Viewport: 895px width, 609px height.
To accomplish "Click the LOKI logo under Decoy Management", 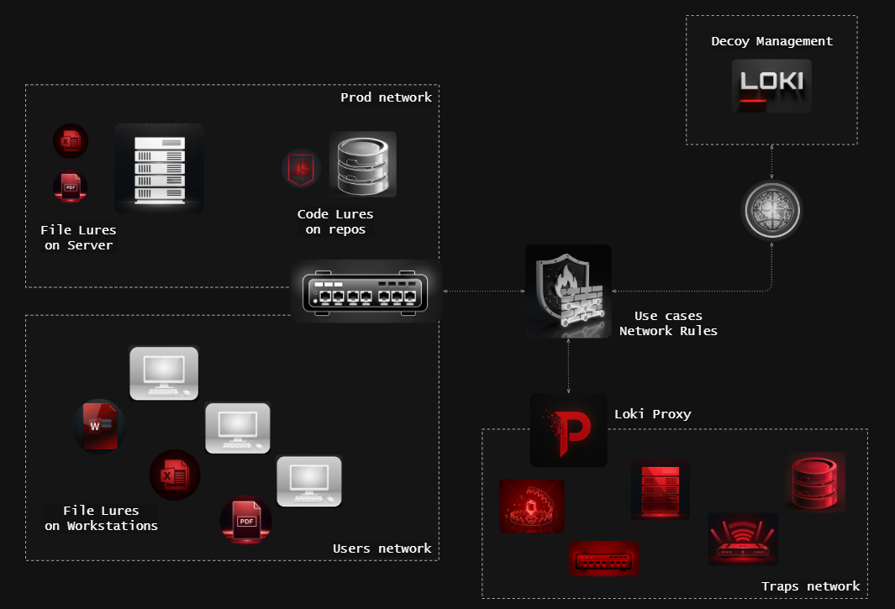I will coord(771,85).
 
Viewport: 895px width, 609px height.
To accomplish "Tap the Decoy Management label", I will coord(771,41).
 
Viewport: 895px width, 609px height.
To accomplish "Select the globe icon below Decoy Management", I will coord(771,210).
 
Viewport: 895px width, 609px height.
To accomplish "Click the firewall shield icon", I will coord(568,291).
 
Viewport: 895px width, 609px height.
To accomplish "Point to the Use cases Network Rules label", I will coord(668,323).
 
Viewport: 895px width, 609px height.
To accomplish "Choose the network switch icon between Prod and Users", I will coord(366,291).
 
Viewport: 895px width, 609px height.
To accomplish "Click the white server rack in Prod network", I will coord(160,168).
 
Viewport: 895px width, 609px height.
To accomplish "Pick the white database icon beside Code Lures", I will coord(362,165).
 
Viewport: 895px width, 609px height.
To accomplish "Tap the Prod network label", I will coord(386,97).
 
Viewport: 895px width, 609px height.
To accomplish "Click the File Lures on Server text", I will coord(78,238).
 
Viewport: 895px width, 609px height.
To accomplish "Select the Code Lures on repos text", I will coord(335,222).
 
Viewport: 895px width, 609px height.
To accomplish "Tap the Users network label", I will coord(382,549).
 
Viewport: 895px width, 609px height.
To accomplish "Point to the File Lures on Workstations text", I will coord(101,518).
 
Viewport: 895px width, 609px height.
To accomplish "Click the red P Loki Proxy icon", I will coord(568,430).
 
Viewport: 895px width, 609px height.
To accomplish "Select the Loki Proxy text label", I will coord(653,414).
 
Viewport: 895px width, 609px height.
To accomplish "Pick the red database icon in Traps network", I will coord(814,481).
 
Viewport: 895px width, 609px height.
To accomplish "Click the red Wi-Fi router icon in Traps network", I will coord(742,539).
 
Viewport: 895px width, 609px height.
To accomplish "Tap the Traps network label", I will coord(810,586).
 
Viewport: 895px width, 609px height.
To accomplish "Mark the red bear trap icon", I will coord(532,506).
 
